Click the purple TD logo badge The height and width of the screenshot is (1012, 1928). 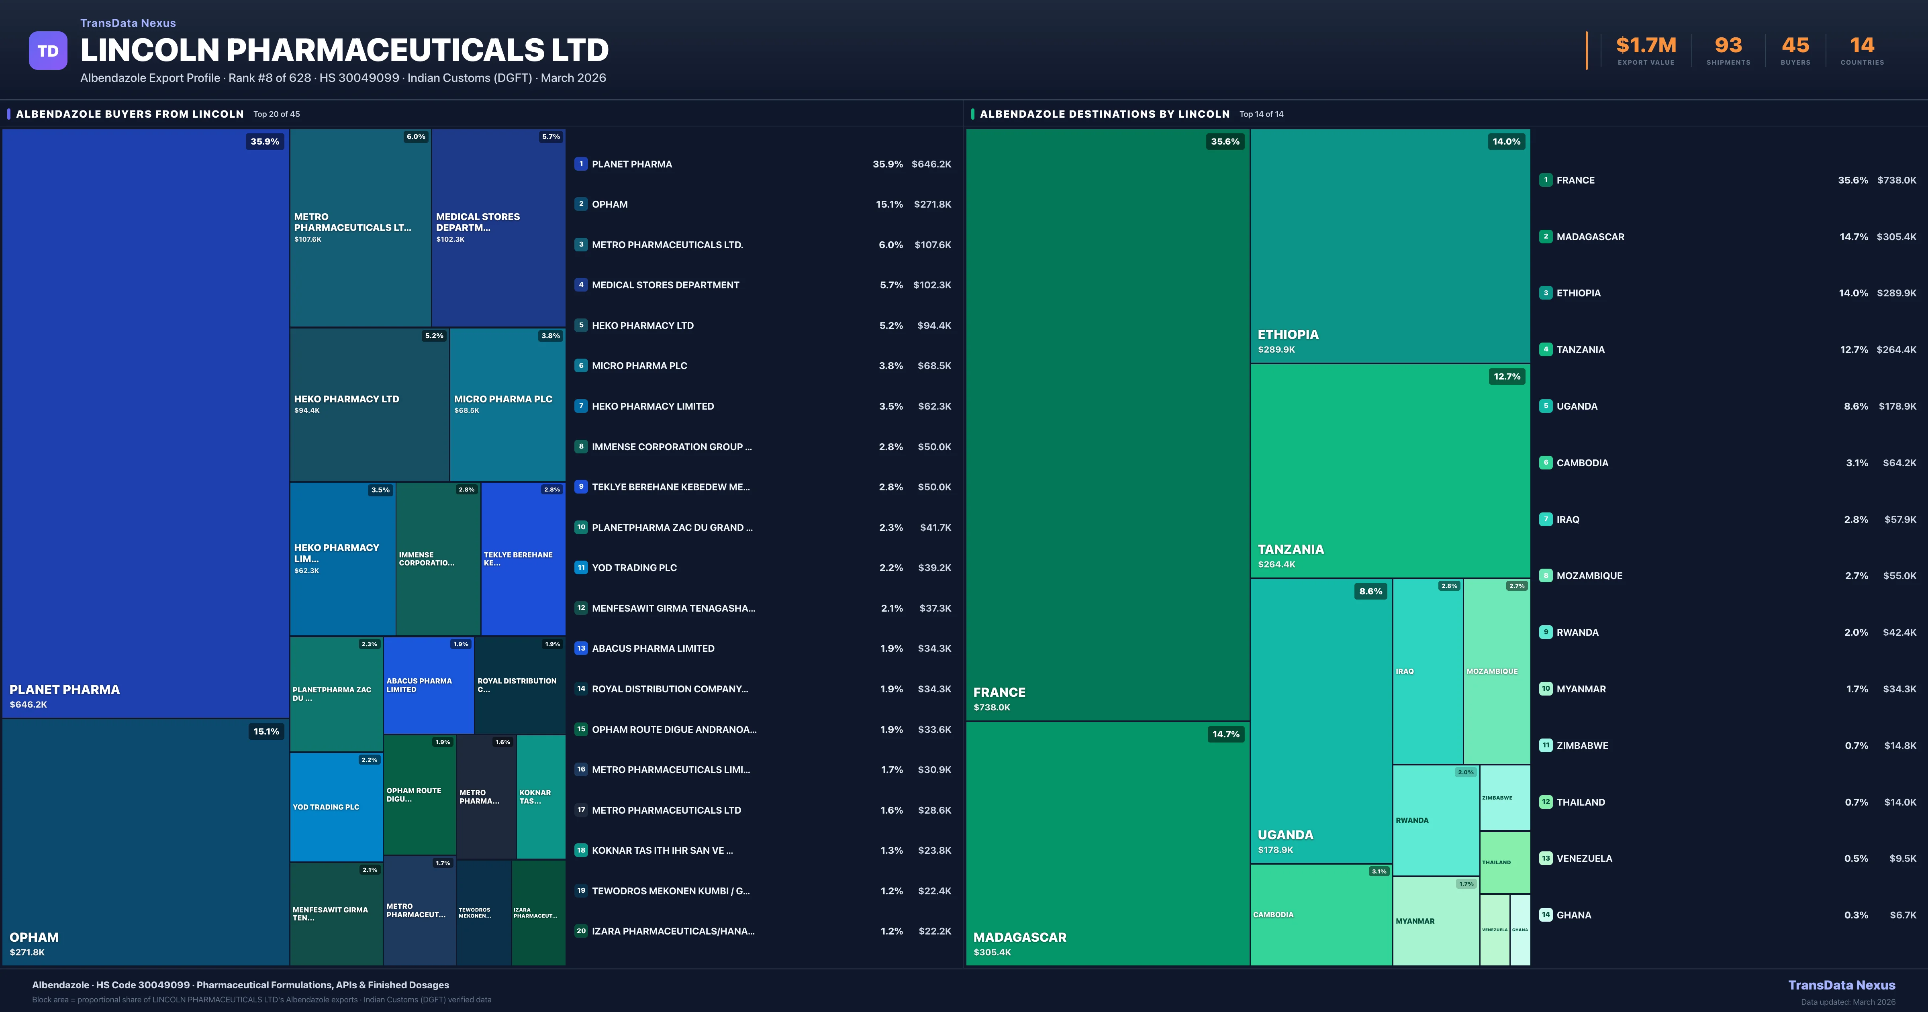(48, 51)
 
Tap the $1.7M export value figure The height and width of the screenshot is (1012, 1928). (1646, 46)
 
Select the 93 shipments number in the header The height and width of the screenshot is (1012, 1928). (1728, 46)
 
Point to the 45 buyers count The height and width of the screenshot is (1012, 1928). (1795, 46)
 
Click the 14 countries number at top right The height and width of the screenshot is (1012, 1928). (1862, 46)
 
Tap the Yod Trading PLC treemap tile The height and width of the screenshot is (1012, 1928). (336, 807)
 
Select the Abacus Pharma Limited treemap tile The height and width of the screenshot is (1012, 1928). (428, 685)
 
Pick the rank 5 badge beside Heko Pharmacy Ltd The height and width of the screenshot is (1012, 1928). (581, 326)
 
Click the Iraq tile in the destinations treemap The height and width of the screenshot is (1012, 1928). (1427, 671)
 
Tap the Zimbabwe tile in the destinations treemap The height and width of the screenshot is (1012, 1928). (1504, 798)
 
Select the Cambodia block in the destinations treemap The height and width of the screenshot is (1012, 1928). (1320, 915)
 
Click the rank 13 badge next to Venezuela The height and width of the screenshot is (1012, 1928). (1546, 859)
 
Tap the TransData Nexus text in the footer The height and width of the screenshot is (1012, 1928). (1841, 985)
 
